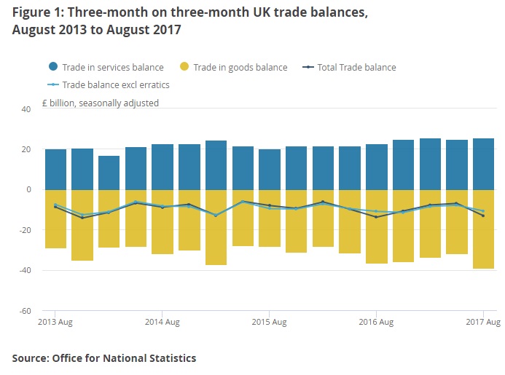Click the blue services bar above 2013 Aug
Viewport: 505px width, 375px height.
[x=55, y=169]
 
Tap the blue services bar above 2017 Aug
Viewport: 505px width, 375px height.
[x=483, y=164]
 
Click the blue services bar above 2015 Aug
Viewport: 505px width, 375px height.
[x=270, y=169]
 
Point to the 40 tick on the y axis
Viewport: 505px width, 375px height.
[x=26, y=109]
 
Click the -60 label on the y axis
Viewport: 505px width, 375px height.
[x=25, y=311]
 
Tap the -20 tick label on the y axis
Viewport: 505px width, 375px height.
[x=25, y=230]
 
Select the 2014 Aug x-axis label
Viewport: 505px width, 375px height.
[x=163, y=321]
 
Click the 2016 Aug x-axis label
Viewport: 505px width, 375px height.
[x=377, y=321]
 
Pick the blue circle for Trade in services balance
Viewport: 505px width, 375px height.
[x=52, y=67]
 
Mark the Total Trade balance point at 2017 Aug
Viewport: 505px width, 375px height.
[x=483, y=216]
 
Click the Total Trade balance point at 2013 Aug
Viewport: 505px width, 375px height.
[x=55, y=207]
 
